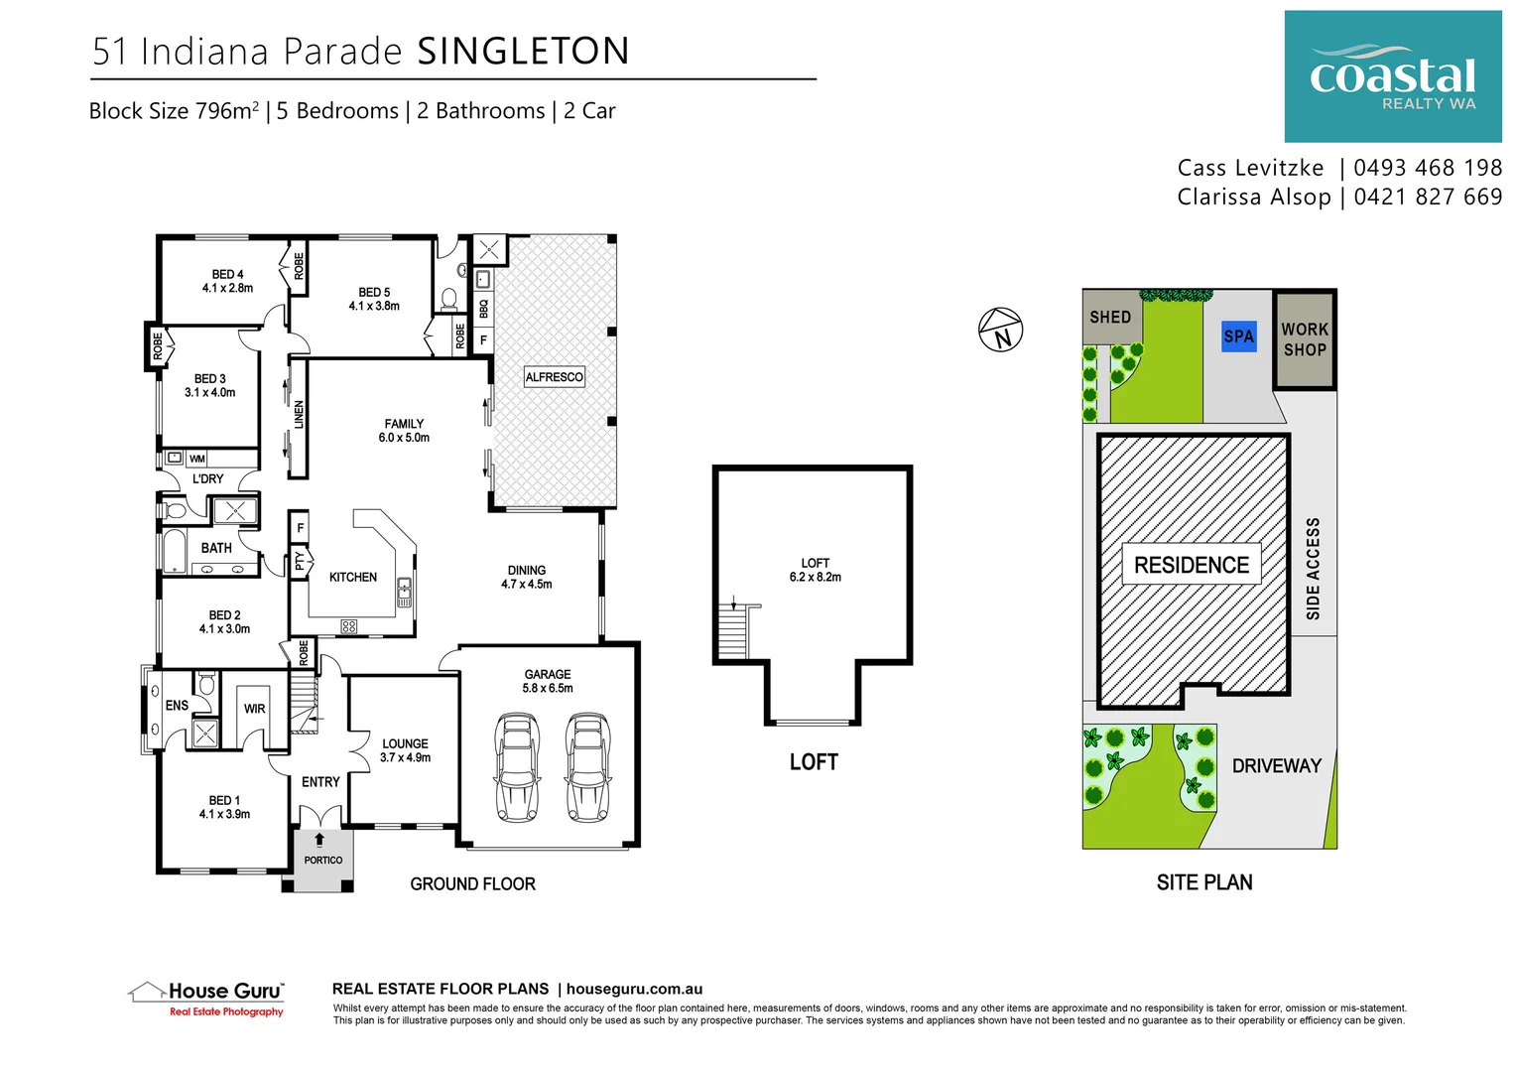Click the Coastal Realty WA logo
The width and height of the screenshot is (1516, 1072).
tap(1392, 76)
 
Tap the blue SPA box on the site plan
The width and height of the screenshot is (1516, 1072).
tap(1238, 336)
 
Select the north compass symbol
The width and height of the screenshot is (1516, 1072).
tap(1000, 330)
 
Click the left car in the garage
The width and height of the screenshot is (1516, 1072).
tap(516, 767)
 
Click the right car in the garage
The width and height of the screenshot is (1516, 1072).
tap(587, 767)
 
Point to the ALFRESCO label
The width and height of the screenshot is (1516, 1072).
tap(554, 377)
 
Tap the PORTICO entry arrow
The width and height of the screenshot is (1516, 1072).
tap(319, 840)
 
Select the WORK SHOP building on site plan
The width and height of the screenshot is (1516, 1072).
tap(1304, 339)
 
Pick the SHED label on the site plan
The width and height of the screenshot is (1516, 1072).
tap(1109, 318)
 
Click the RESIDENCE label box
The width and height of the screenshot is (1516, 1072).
tap(1191, 565)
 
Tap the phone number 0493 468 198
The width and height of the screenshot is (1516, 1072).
tap(1427, 168)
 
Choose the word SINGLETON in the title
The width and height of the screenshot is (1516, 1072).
tap(523, 52)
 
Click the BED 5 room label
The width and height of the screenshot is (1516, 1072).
tap(374, 299)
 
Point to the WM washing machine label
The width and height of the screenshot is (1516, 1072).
tap(197, 459)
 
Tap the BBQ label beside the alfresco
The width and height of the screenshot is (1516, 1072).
tap(483, 309)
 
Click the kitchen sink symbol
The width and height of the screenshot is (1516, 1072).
tap(404, 592)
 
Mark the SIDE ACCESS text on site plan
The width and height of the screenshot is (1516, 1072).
tap(1313, 569)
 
